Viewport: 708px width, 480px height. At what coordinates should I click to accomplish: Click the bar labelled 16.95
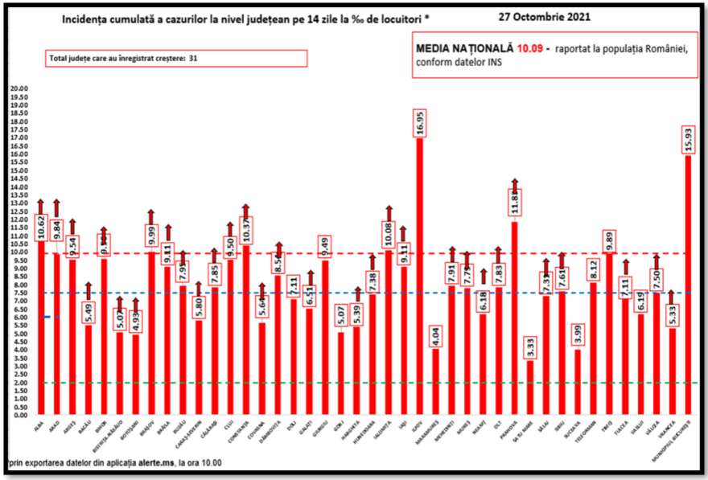coord(419,273)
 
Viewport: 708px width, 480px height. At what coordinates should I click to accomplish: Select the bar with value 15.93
coord(688,281)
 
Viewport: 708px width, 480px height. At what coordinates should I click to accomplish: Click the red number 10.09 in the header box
coord(530,48)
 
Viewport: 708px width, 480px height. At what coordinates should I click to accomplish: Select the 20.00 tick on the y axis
coord(18,88)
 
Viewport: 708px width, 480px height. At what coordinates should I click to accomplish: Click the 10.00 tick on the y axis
coord(18,252)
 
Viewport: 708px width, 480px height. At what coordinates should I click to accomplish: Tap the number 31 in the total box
coord(194,59)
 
